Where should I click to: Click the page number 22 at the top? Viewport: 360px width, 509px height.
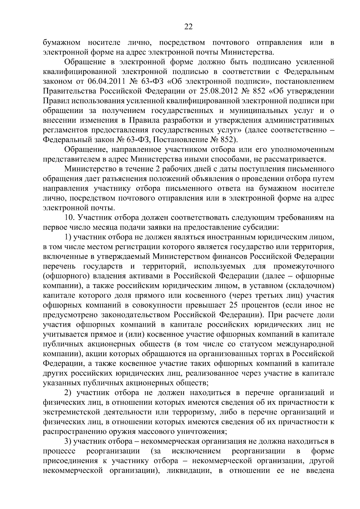(x=188, y=27)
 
